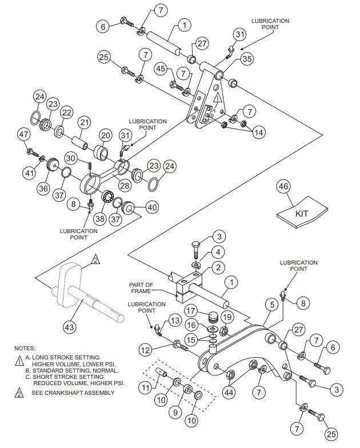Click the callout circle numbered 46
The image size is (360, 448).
coord(284,186)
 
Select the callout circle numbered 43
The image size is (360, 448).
coord(69,327)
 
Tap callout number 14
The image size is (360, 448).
coord(259,132)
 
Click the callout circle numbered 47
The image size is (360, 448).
coord(23,134)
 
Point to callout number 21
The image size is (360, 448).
coord(85,123)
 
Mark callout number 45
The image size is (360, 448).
coord(161,69)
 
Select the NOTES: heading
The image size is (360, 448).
coord(25,348)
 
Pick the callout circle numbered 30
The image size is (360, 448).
coord(70,158)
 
